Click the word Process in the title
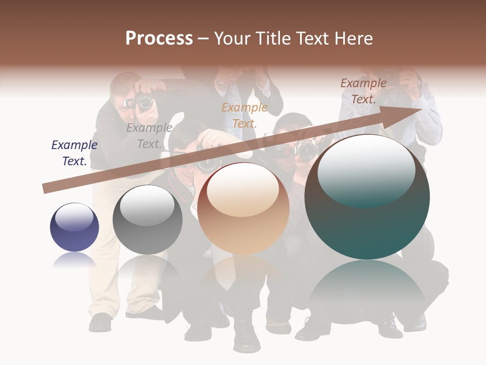159,39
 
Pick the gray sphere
147,220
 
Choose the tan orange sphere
244,209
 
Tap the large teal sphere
367,197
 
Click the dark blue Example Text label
74,153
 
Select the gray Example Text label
149,136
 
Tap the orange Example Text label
245,115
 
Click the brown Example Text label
363,91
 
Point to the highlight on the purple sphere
74,217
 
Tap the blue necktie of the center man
233,109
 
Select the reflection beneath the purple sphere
74,260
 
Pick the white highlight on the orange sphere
243,190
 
